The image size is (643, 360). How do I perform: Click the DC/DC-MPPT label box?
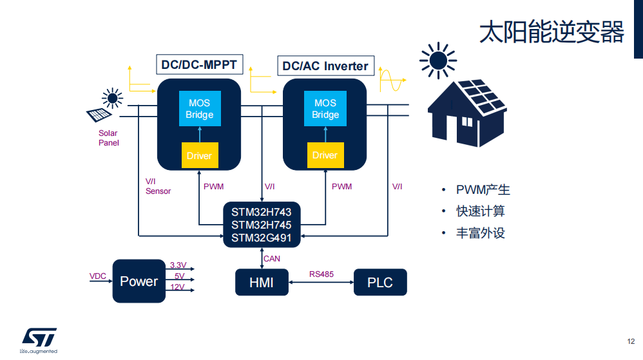[x=199, y=64]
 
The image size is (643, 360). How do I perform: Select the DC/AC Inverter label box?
[x=325, y=66]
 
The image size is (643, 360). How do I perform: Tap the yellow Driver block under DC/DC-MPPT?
[x=200, y=155]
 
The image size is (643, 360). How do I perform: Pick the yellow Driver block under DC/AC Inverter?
[x=325, y=155]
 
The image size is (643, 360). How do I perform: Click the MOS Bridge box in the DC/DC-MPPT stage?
[x=200, y=108]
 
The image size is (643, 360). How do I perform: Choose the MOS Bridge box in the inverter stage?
[x=325, y=108]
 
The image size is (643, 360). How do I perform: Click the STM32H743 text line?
[x=261, y=212]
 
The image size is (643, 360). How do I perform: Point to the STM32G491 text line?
[x=261, y=238]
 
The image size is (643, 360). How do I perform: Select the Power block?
[x=139, y=281]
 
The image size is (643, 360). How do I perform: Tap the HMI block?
[x=262, y=282]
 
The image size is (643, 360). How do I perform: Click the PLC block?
[x=380, y=282]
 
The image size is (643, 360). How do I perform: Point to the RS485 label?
[x=321, y=274]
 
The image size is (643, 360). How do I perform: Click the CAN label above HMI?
[x=272, y=259]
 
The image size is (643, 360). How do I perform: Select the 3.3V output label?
[x=178, y=265]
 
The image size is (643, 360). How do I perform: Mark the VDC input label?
[x=97, y=276]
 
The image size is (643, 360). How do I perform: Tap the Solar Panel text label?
[x=108, y=138]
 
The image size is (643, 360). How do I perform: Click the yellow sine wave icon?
[x=391, y=79]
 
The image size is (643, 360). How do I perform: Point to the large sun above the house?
[x=438, y=61]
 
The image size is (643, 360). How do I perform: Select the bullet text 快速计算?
[x=480, y=211]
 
